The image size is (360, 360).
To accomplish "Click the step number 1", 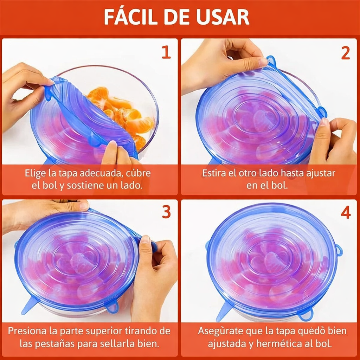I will coord(166,53).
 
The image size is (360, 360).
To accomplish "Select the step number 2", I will coord(345,53).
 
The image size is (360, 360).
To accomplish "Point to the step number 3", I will coord(166,212).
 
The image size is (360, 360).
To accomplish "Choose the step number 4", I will coord(345,212).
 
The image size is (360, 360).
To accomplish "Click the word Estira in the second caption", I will coord(213,173).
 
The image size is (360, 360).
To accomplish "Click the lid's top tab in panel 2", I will coord(271,61).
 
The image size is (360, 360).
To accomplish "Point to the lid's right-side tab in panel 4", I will coord(339,250).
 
